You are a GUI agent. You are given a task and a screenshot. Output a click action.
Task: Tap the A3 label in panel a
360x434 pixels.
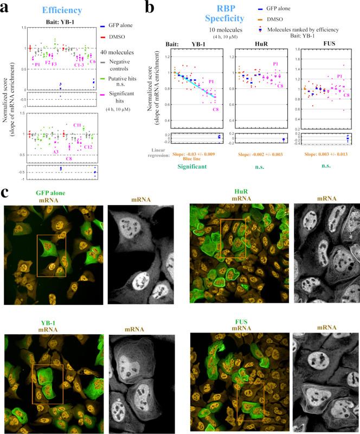click(56, 152)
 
